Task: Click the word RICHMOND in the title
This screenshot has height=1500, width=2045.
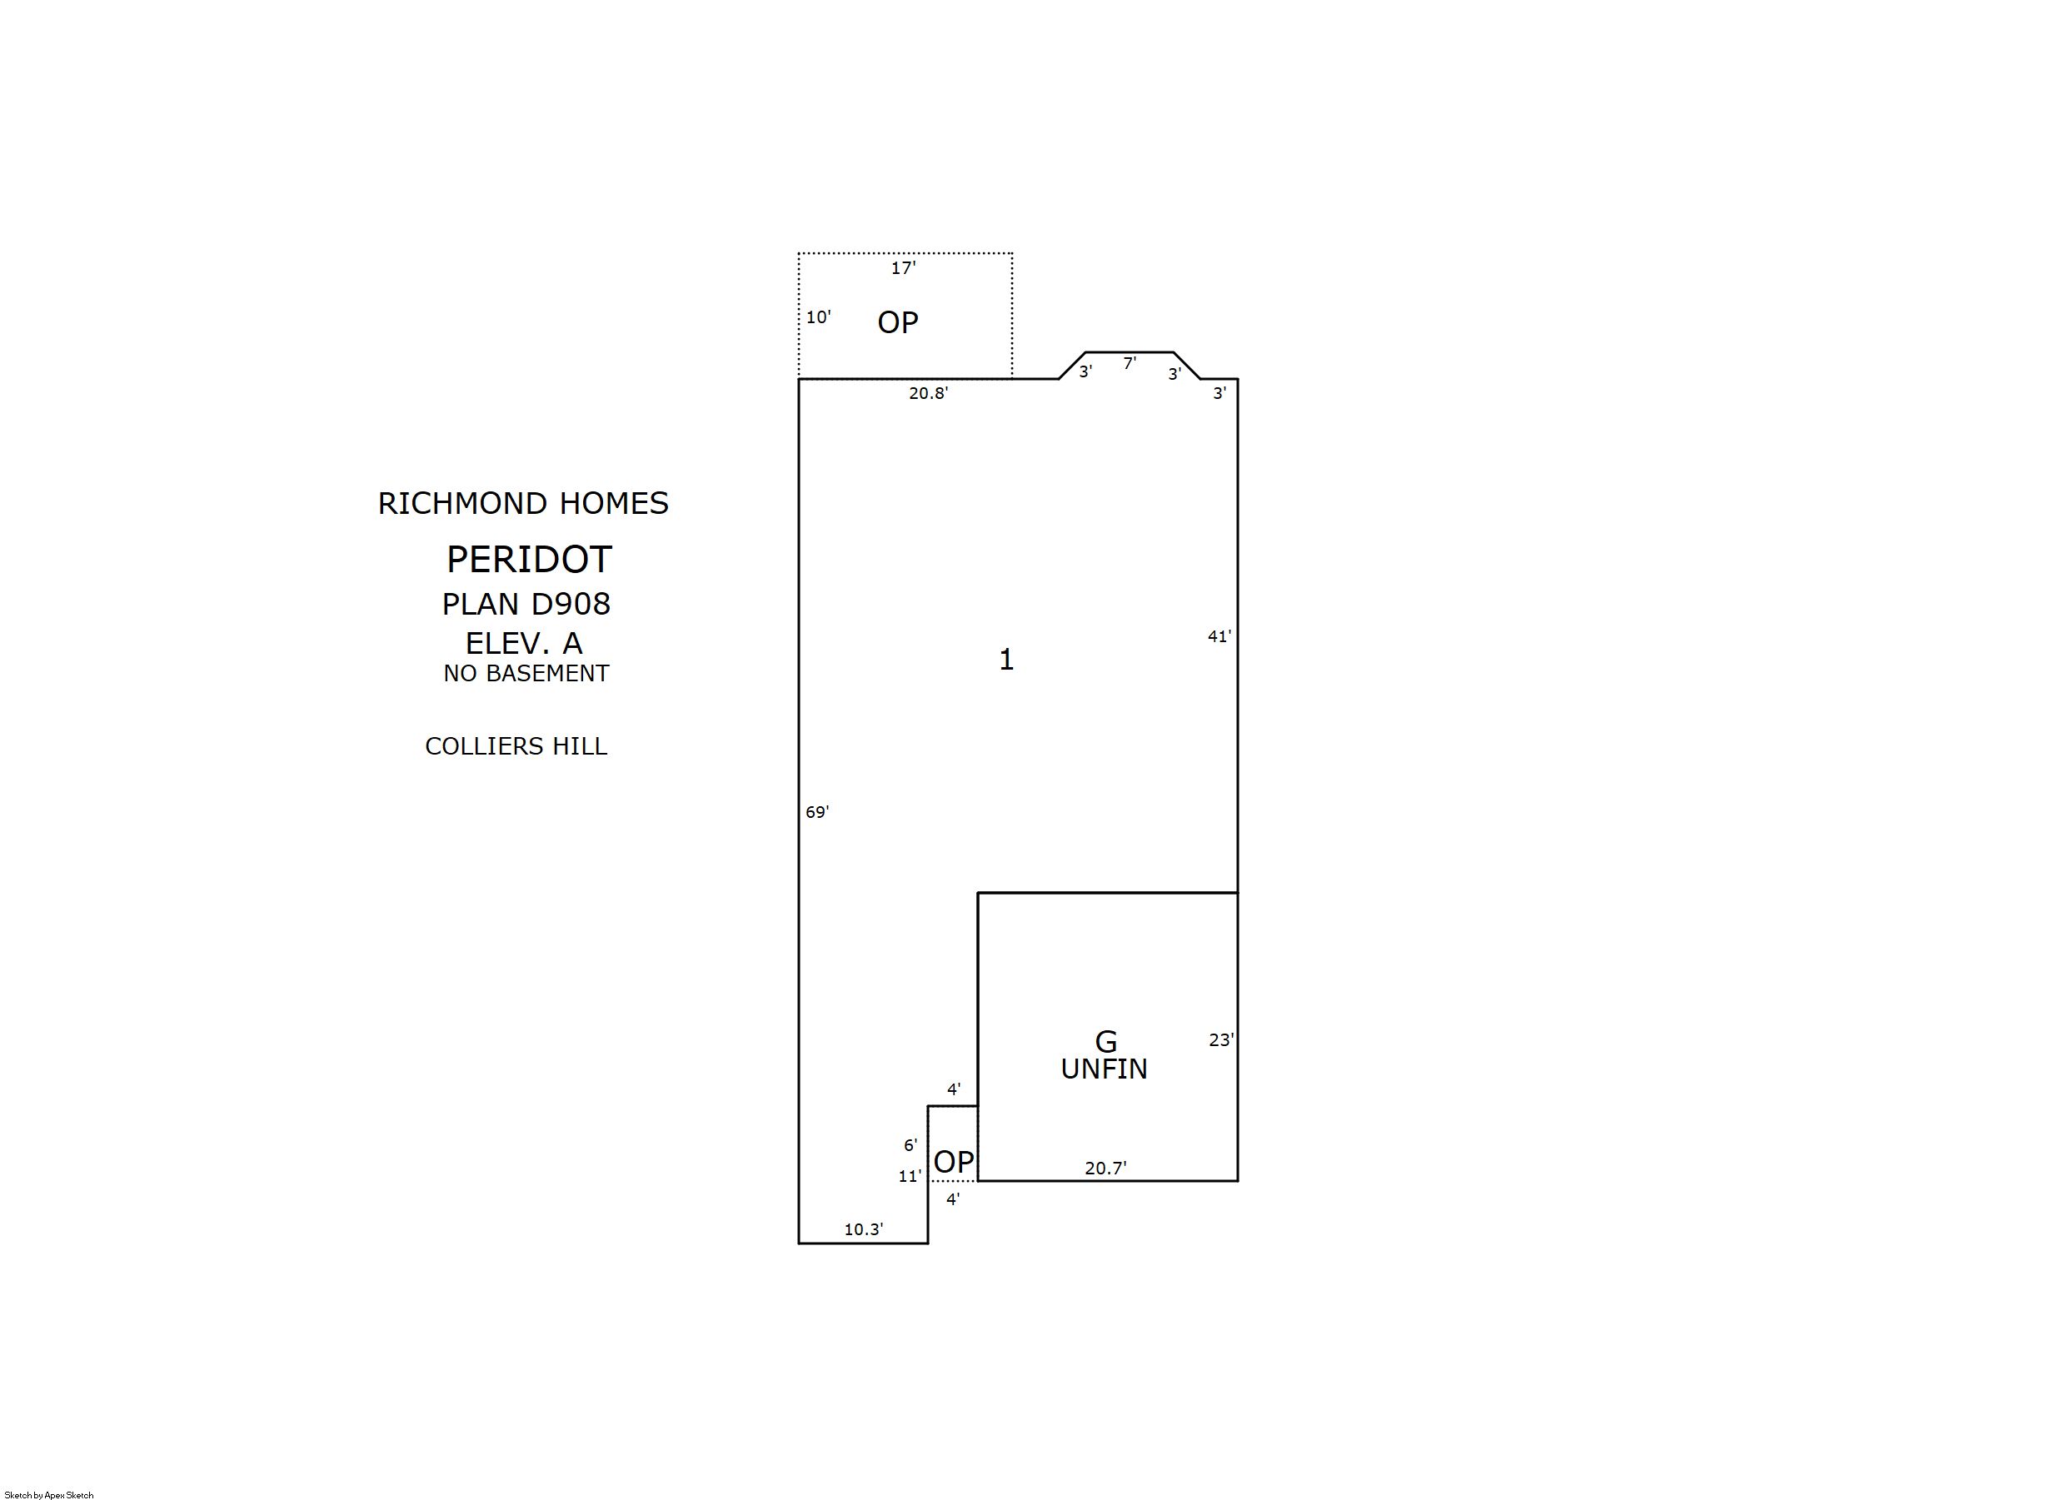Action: pyautogui.click(x=462, y=503)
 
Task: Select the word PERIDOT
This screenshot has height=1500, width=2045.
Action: pyautogui.click(x=530, y=560)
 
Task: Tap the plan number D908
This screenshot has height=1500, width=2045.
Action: pyautogui.click(x=571, y=604)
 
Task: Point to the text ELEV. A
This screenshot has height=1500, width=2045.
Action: pyautogui.click(x=524, y=643)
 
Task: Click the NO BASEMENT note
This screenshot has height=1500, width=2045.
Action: pyautogui.click(x=526, y=673)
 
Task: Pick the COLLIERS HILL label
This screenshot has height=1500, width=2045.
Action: pyautogui.click(x=516, y=745)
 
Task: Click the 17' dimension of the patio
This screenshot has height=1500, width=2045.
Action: pyautogui.click(x=904, y=268)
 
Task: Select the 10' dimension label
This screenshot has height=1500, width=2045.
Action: pyautogui.click(x=818, y=316)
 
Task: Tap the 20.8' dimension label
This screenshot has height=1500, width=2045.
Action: pyautogui.click(x=929, y=393)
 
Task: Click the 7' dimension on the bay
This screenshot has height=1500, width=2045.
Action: pyautogui.click(x=1130, y=363)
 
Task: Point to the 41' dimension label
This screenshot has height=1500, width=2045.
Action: pyautogui.click(x=1220, y=636)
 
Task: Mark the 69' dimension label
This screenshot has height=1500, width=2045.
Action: pyautogui.click(x=817, y=812)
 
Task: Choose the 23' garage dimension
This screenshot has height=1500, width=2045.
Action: pyautogui.click(x=1221, y=1039)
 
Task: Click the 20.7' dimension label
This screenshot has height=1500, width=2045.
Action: pyautogui.click(x=1106, y=1168)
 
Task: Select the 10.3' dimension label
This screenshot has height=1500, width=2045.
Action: pyautogui.click(x=864, y=1229)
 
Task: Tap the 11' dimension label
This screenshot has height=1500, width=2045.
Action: pyautogui.click(x=910, y=1176)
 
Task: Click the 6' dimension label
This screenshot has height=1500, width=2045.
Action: pyautogui.click(x=910, y=1145)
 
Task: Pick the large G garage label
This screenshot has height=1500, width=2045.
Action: pyautogui.click(x=1106, y=1041)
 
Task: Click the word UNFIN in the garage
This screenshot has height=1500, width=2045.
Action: pyautogui.click(x=1105, y=1069)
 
